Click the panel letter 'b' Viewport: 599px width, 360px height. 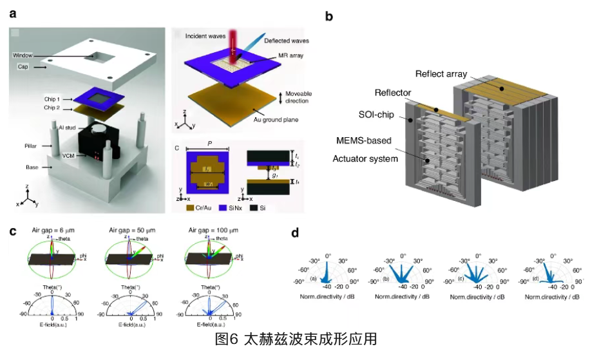pos(329,17)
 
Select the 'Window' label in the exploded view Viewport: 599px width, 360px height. pos(23,56)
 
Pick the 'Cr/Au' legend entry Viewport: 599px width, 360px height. pos(204,208)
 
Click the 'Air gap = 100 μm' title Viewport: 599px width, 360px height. pos(210,230)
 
